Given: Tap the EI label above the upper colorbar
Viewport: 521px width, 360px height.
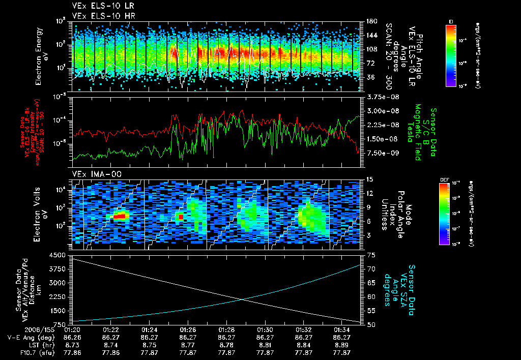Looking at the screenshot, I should pos(451,21).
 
